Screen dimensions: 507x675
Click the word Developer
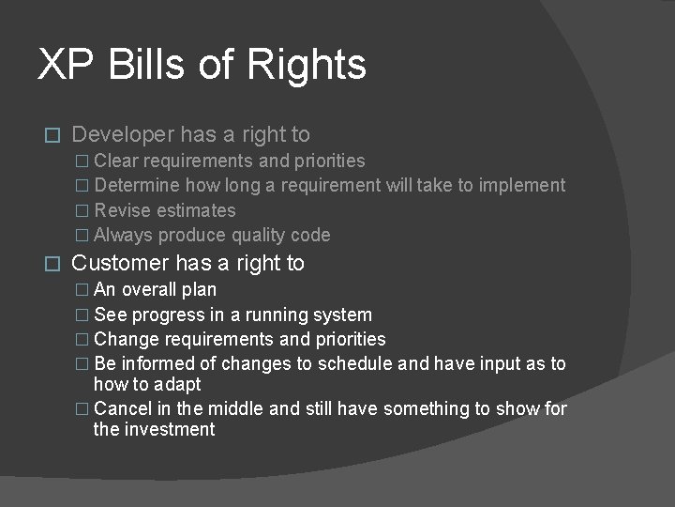click(125, 135)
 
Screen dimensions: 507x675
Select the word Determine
click(138, 186)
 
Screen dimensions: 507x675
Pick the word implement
click(522, 186)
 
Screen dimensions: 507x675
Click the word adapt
click(178, 385)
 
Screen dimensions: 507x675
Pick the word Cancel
click(123, 409)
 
